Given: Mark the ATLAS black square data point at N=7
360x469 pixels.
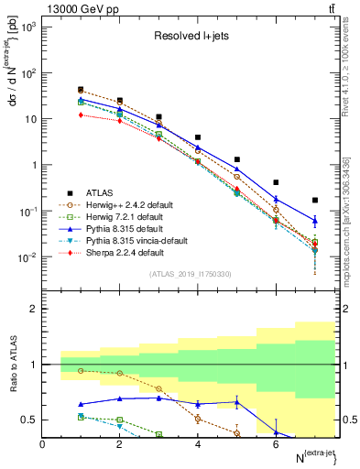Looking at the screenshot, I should pyautogui.click(x=314, y=200).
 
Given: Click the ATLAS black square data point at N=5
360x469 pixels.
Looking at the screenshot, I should pyautogui.click(x=237, y=159).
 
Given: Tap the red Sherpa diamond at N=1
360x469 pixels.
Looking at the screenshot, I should pyautogui.click(x=82, y=115).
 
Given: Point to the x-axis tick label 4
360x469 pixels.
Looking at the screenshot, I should pyautogui.click(x=198, y=444).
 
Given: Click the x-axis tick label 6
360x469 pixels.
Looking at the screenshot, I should pyautogui.click(x=276, y=444).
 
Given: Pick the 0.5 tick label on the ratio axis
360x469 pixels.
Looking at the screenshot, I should pyautogui.click(x=29, y=420).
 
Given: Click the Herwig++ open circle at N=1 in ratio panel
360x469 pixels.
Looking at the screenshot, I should pyautogui.click(x=82, y=370).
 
